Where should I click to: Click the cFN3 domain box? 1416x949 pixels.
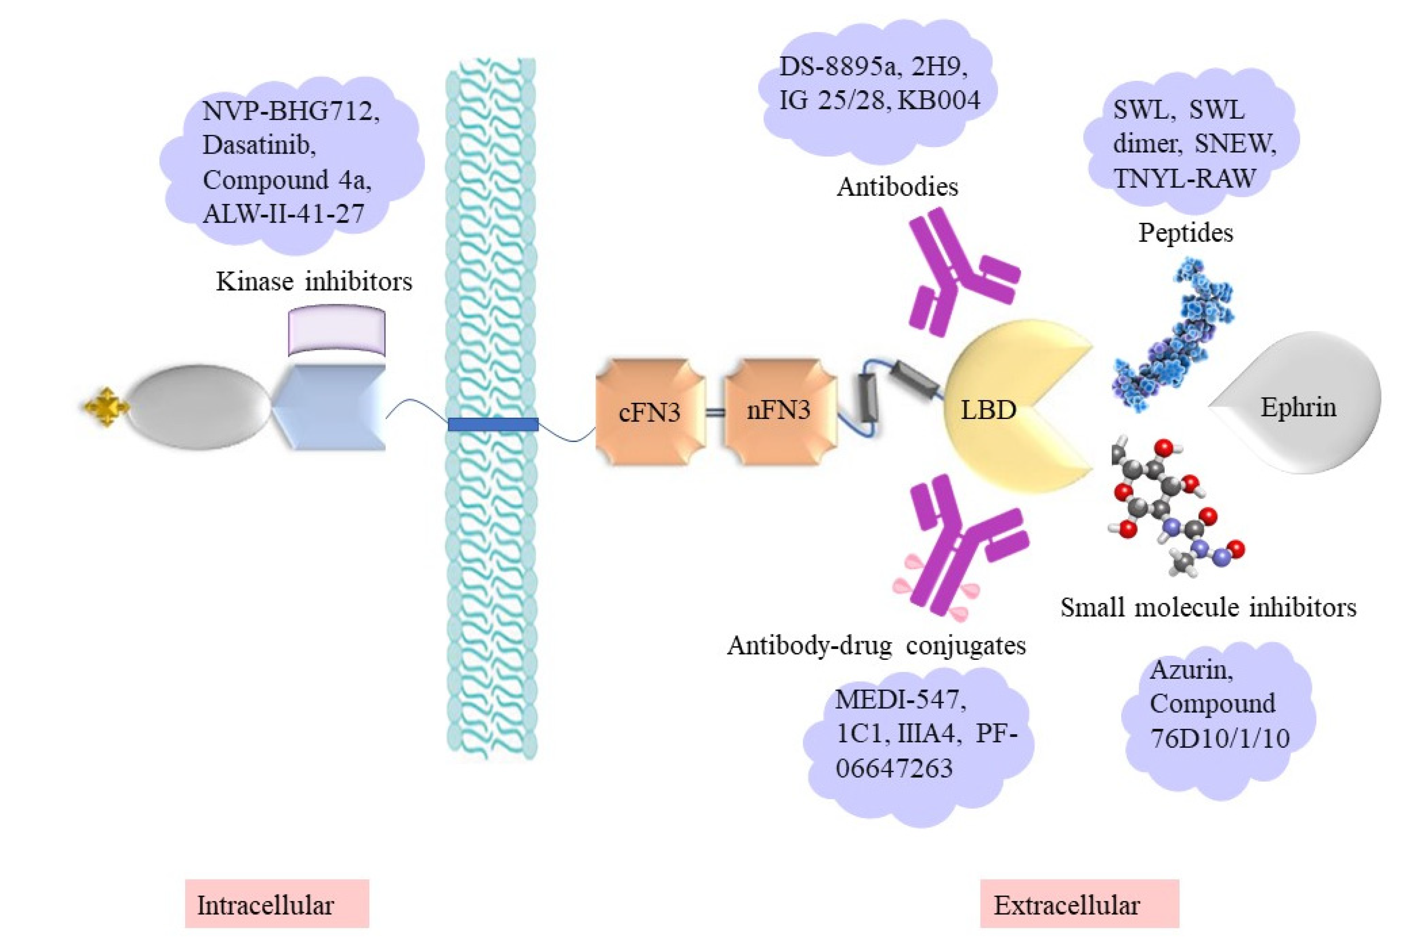pyautogui.click(x=649, y=412)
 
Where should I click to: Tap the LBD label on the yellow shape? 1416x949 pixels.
pyautogui.click(x=988, y=410)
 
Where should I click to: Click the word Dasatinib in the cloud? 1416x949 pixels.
pyautogui.click(x=259, y=145)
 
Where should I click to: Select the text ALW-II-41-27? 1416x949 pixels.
pyautogui.click(x=283, y=214)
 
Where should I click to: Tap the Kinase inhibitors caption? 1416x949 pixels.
pyautogui.click(x=314, y=282)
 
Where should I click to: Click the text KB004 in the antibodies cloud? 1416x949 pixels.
pyautogui.click(x=938, y=100)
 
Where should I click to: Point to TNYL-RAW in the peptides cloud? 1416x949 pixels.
pyautogui.click(x=1184, y=179)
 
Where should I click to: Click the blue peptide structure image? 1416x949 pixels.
pyautogui.click(x=1172, y=336)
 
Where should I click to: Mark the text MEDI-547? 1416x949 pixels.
pyautogui.click(x=901, y=700)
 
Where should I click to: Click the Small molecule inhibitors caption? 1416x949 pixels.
pyautogui.click(x=1208, y=608)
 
